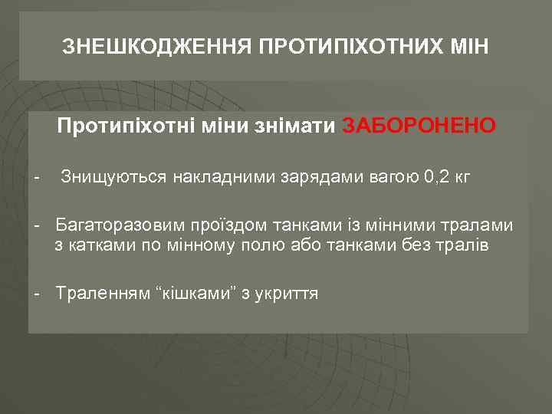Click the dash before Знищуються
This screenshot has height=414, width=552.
[x=37, y=177]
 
